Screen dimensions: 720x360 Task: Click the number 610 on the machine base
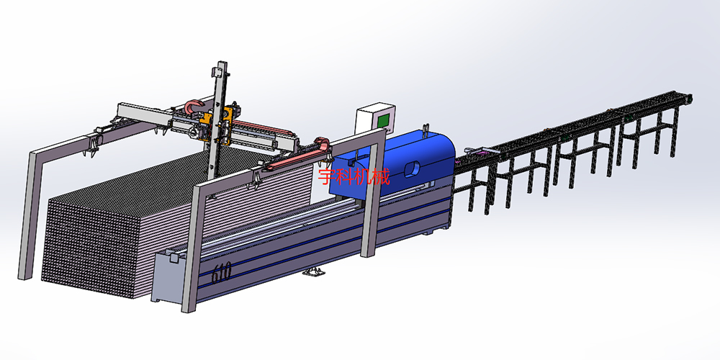click(x=222, y=272)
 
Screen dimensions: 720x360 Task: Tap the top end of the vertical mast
click(x=222, y=63)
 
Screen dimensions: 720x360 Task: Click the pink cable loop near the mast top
click(x=194, y=106)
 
